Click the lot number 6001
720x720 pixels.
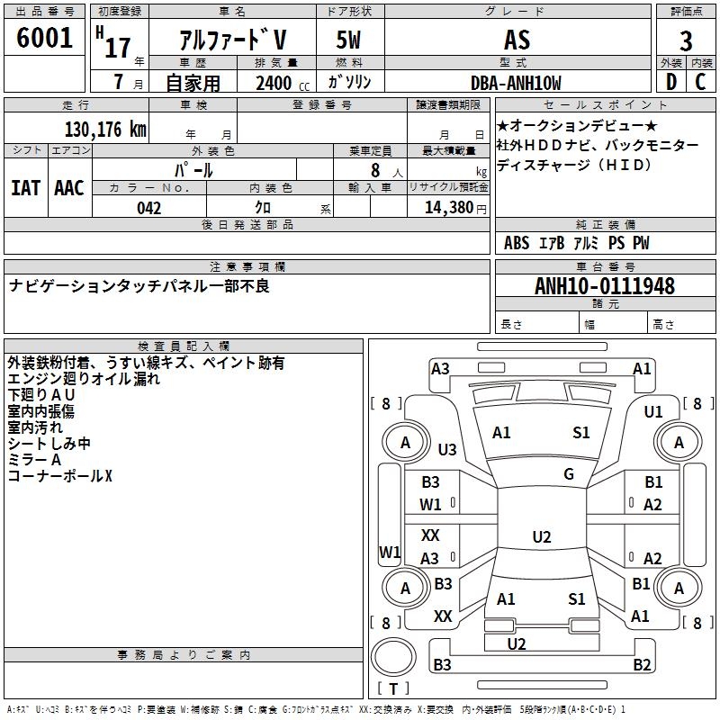(x=44, y=39)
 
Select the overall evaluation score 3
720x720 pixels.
(x=686, y=40)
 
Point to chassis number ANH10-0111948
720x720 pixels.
(x=604, y=286)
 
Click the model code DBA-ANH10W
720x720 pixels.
(x=516, y=83)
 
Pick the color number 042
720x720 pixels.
(x=149, y=208)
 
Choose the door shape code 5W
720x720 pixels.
(x=350, y=40)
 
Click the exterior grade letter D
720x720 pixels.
(x=670, y=82)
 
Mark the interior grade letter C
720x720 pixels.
(x=700, y=82)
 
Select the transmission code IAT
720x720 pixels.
(x=25, y=187)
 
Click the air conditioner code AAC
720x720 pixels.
(x=69, y=187)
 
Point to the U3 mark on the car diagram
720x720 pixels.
(x=446, y=449)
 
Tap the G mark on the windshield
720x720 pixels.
(x=569, y=474)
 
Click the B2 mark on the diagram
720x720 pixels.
(x=642, y=665)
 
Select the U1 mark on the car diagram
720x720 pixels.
(x=653, y=411)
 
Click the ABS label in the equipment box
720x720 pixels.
(x=517, y=243)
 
